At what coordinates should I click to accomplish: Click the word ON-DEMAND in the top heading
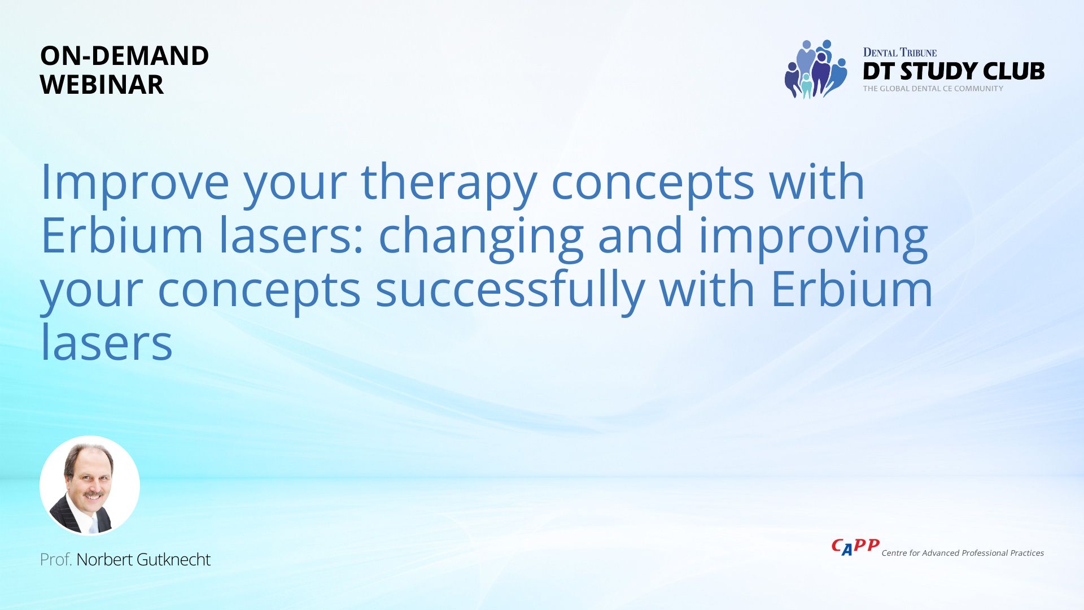click(124, 55)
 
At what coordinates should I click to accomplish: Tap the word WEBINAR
click(102, 85)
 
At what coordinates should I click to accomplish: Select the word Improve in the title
click(135, 182)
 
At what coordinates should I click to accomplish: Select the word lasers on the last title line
click(107, 342)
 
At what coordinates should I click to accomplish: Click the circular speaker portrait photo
click(90, 485)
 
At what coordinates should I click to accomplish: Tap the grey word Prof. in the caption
click(56, 560)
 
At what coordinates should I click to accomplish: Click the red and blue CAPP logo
click(855, 547)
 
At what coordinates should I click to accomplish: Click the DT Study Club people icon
click(816, 69)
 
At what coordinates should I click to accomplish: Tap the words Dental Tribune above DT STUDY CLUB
click(900, 53)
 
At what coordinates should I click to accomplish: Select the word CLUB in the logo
click(1013, 71)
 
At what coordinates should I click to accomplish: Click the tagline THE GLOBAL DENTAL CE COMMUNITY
click(933, 89)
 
